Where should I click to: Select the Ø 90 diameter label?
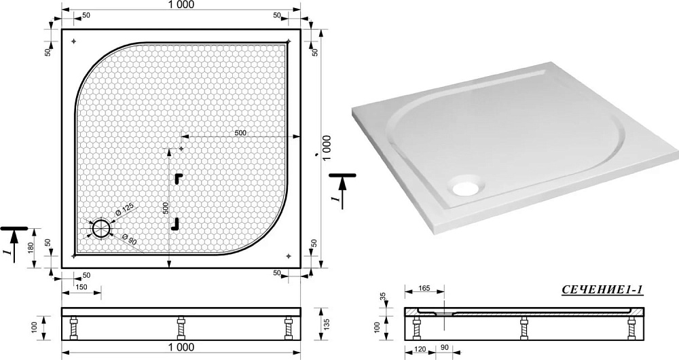tap(130, 240)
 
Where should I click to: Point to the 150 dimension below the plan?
tap(81, 287)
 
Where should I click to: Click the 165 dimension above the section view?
tap(424, 288)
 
